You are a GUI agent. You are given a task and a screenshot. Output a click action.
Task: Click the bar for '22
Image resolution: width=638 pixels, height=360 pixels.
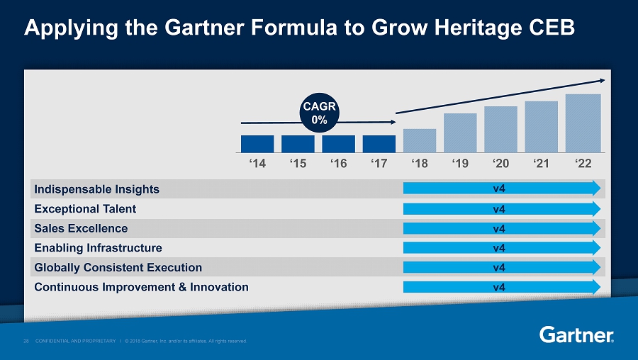[583, 123]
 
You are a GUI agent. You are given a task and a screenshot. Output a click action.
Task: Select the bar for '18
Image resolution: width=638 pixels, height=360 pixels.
[420, 140]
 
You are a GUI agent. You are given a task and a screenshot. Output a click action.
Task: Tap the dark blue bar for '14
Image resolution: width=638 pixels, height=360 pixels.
[257, 144]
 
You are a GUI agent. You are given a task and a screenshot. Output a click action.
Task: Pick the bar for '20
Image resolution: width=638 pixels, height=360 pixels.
[500, 129]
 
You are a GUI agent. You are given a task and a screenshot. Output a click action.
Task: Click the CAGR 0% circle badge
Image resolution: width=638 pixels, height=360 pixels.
[320, 113]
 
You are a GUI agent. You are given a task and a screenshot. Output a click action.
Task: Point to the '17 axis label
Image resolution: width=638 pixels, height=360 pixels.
[379, 163]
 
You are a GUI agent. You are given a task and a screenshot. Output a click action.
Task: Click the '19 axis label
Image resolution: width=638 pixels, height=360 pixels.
[460, 163]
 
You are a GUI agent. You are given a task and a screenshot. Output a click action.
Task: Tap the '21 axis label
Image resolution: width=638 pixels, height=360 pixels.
[542, 163]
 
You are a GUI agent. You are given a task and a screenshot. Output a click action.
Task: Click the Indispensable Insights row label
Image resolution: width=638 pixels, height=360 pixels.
[96, 189]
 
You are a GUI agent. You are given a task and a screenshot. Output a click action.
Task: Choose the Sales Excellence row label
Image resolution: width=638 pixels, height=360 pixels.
[80, 228]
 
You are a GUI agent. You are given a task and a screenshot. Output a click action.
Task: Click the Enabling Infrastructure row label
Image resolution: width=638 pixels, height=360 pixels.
[97, 248]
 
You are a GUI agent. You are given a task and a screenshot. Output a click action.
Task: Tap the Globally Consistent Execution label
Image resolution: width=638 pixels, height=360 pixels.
[117, 267]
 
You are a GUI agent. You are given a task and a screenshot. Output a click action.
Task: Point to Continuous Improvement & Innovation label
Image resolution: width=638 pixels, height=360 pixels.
[140, 287]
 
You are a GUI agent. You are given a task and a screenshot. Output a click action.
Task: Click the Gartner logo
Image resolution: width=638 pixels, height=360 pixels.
[576, 334]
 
